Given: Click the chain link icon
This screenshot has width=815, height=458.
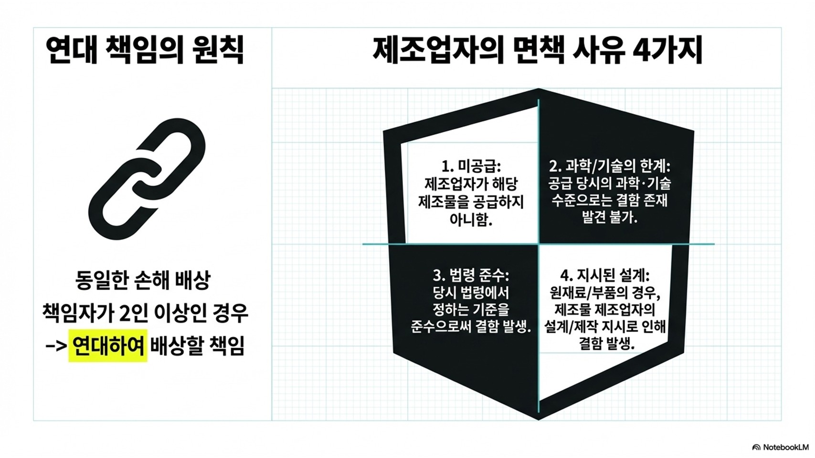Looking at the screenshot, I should tap(147, 179).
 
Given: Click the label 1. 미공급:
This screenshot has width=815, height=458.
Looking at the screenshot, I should tap(471, 167).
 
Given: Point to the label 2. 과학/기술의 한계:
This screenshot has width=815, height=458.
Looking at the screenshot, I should tap(610, 167).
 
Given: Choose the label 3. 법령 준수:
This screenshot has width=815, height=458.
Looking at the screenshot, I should tap(471, 276).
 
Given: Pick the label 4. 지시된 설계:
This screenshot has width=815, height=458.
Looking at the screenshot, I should tap(605, 276).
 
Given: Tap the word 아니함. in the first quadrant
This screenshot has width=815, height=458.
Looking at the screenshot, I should tap(471, 220).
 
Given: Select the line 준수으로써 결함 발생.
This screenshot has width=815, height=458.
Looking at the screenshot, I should tap(471, 327).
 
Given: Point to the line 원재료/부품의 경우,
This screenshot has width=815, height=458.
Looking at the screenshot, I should tap(605, 292).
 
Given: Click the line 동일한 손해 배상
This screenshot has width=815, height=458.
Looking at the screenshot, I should tap(143, 280).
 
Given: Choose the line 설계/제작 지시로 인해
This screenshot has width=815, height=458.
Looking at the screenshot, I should tap(605, 327).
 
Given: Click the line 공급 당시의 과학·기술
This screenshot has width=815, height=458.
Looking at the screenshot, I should tap(609, 183).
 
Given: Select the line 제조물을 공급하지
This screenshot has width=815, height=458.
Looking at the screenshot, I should tap(471, 202).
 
